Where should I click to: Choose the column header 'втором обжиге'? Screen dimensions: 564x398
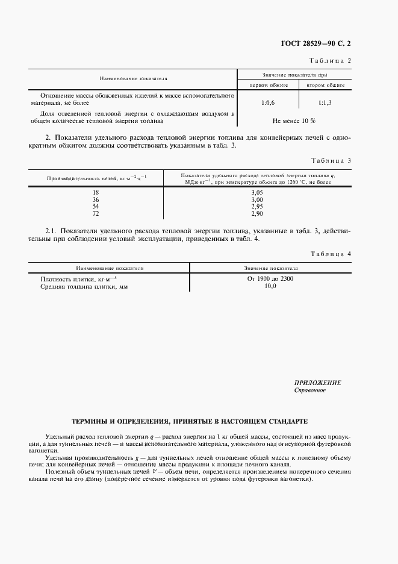coord(325,85)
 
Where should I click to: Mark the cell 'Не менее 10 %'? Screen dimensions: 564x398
coord(294,120)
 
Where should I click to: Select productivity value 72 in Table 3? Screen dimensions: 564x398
coord(95,213)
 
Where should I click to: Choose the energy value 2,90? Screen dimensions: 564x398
coord(257,213)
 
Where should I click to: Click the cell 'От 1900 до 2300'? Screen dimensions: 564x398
coord(270,279)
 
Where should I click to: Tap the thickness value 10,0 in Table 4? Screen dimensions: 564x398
coord(270,286)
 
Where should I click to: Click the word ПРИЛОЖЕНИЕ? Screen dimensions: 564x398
coord(317,383)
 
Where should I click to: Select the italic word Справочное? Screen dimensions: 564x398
coord(309,390)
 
